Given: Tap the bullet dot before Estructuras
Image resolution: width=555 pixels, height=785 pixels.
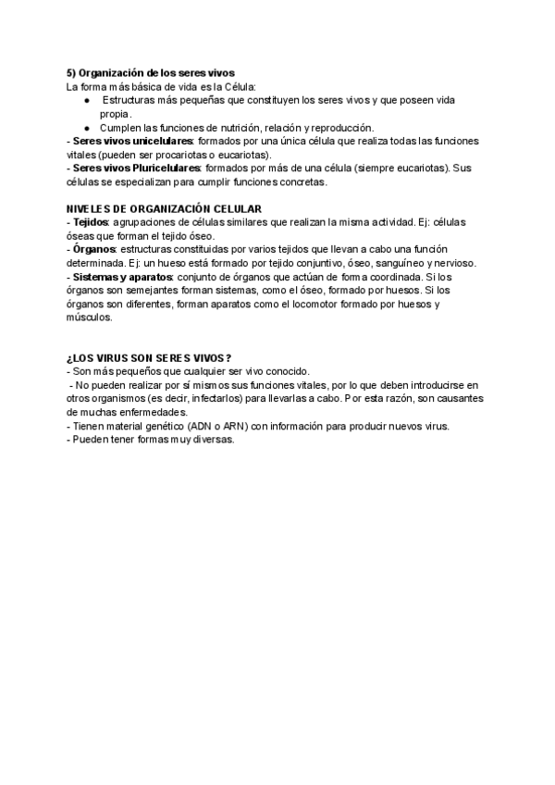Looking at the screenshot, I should point(86,100).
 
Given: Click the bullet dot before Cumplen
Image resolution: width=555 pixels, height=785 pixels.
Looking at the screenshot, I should point(86,127).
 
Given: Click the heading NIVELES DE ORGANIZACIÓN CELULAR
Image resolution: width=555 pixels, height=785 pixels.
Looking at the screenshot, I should point(165,209).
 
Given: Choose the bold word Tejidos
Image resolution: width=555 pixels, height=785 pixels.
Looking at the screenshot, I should point(90,223).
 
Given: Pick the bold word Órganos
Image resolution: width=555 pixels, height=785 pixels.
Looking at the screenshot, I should point(93,250).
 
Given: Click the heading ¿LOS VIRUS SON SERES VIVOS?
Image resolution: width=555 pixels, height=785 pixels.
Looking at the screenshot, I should point(149,358).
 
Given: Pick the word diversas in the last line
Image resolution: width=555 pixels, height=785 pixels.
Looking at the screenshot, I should point(214,440).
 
